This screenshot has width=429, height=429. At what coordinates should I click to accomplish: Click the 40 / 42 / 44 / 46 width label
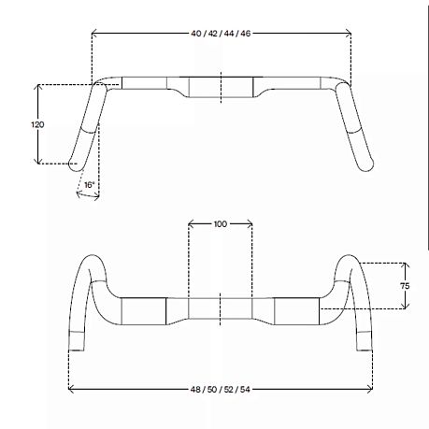221,34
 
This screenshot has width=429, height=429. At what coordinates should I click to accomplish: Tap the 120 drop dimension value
37,124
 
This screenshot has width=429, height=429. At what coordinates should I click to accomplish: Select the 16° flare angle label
89,185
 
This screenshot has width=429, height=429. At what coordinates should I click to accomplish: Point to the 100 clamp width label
221,223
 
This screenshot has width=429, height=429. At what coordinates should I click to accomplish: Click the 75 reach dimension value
405,286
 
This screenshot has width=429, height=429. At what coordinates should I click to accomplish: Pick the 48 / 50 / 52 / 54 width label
221,389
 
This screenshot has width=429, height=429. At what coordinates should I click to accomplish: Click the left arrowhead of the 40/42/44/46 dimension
94,33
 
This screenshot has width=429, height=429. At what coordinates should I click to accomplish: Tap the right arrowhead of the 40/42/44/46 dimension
349,33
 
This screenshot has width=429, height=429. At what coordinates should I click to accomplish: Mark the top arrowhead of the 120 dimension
38,87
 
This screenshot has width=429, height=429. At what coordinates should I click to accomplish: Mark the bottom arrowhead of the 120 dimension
38,161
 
